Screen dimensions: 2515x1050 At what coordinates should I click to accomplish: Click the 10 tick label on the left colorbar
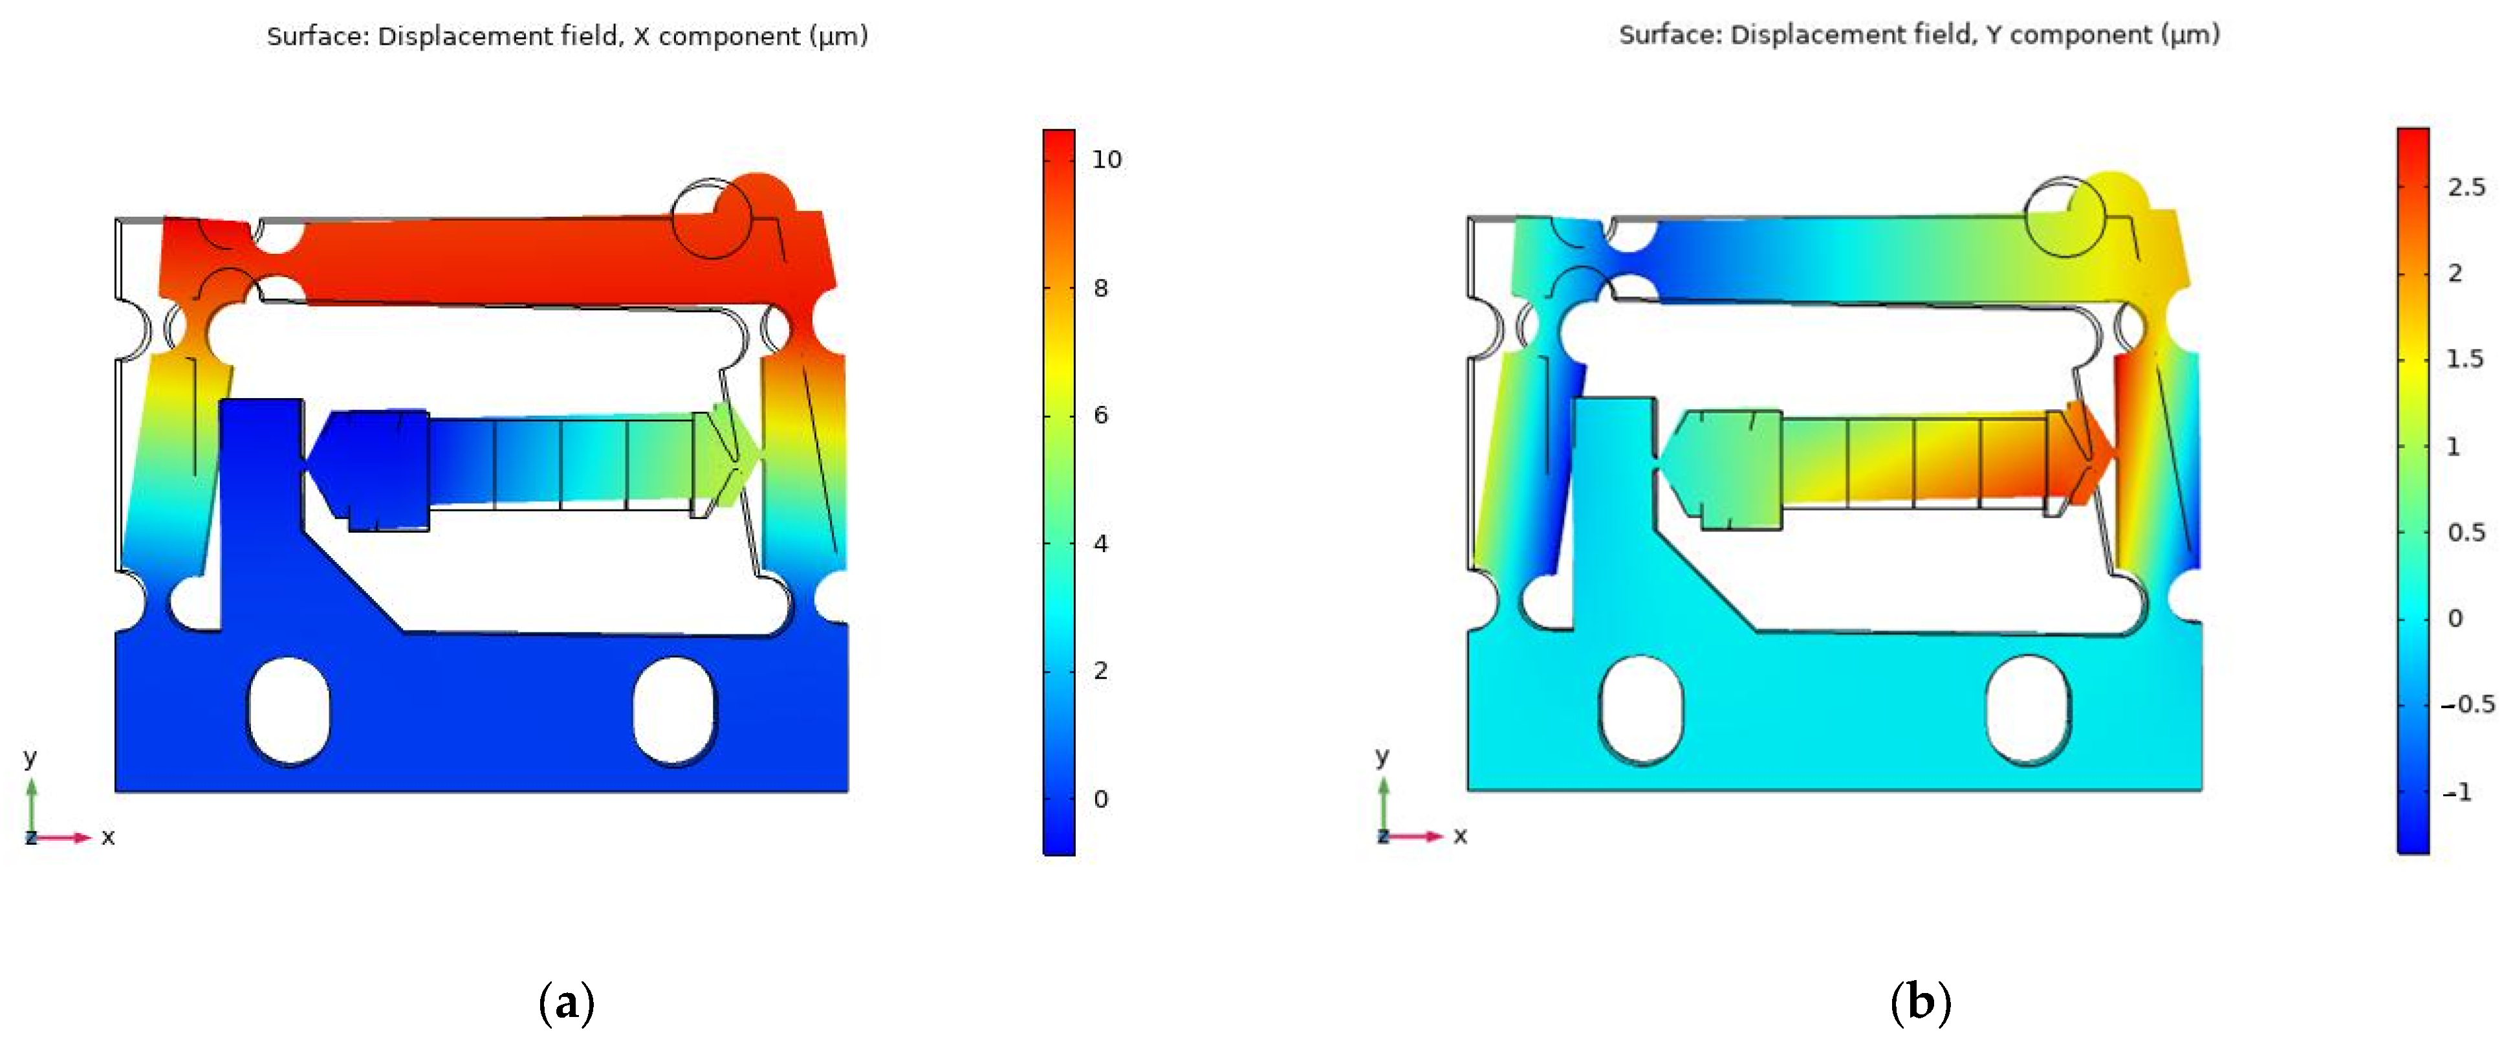pyautogui.click(x=1106, y=159)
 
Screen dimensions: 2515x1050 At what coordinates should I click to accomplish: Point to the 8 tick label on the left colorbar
pyautogui.click(x=1100, y=288)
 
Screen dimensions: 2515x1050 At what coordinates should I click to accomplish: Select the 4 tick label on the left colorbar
pyautogui.click(x=1100, y=544)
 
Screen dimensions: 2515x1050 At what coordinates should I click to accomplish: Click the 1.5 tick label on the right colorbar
pyautogui.click(x=2465, y=359)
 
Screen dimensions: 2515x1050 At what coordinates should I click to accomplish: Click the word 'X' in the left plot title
pyautogui.click(x=640, y=36)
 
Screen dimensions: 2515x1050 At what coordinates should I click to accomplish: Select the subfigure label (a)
pyautogui.click(x=566, y=1003)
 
